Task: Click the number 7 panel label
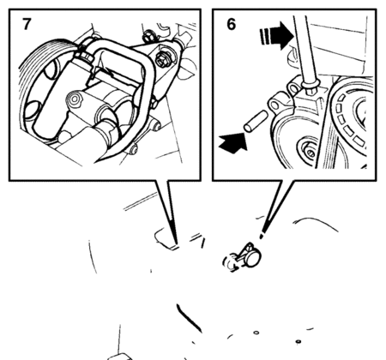(27, 24)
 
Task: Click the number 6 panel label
(232, 24)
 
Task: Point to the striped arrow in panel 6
(276, 36)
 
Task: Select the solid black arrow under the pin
(233, 142)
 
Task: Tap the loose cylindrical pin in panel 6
(256, 122)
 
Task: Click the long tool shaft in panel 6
(305, 50)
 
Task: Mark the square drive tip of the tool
(311, 90)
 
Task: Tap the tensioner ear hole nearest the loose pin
(274, 105)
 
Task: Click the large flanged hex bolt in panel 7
(162, 60)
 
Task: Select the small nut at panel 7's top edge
(148, 35)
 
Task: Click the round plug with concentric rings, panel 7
(75, 99)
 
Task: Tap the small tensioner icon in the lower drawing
(243, 257)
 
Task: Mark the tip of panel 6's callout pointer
(261, 237)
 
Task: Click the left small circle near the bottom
(256, 333)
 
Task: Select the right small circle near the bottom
(298, 341)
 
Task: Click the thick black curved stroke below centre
(188, 318)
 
